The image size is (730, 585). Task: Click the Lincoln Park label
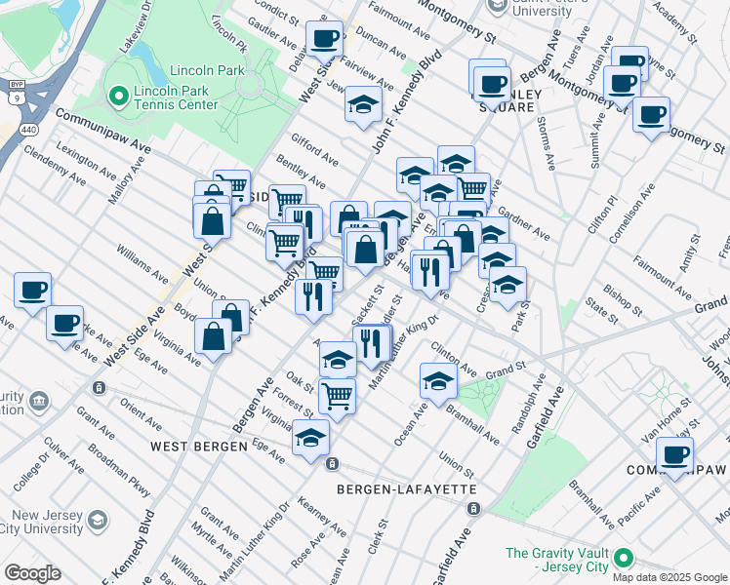[206, 71]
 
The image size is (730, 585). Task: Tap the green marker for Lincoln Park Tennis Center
[119, 96]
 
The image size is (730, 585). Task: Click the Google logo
[32, 573]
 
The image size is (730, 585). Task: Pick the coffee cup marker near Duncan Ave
[324, 39]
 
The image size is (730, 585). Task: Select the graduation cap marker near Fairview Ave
[363, 103]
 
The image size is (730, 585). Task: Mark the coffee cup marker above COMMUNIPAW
[673, 453]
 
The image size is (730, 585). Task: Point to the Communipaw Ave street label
[103, 130]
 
